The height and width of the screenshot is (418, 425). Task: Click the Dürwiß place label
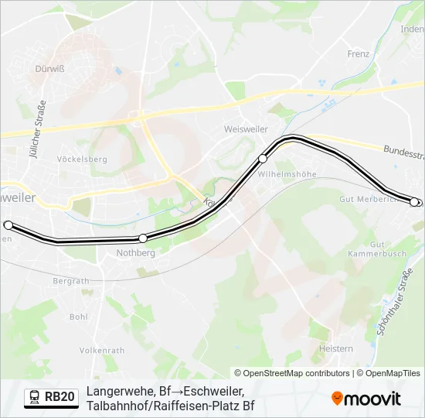[49, 68]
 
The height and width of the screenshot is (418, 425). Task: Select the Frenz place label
[359, 54]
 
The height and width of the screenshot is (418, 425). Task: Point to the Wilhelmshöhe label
[287, 174]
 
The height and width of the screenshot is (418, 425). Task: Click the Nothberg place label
[135, 253]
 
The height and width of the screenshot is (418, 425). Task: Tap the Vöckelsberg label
[81, 159]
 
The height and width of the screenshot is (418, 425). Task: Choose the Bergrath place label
[73, 281]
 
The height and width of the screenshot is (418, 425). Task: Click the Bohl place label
[79, 317]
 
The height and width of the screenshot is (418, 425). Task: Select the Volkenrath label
[101, 350]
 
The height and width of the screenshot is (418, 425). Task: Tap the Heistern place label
[336, 349]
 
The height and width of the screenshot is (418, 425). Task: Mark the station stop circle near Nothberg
[143, 238]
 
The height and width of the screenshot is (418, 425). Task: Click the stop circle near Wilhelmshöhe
[263, 159]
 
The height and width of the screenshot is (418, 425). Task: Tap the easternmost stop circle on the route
[414, 202]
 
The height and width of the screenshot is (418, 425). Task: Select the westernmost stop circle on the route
[8, 225]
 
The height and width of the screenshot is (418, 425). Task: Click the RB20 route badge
[51, 397]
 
